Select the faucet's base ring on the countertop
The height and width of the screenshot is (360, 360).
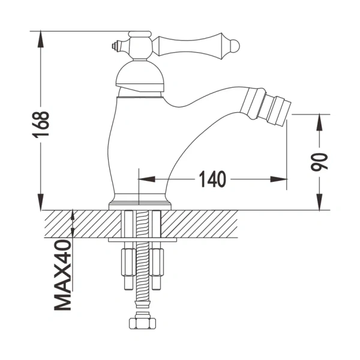139,204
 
